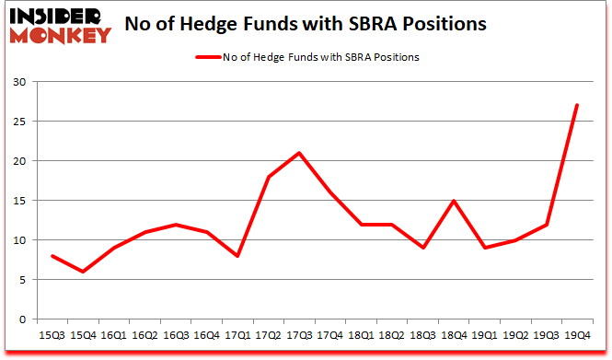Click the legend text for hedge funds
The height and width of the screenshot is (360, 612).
pos(321,57)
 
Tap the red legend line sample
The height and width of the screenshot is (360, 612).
pos(207,57)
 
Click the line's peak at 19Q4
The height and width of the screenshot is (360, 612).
pos(576,105)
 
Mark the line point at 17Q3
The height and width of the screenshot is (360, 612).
pos(299,153)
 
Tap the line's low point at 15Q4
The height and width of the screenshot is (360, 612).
pos(84,272)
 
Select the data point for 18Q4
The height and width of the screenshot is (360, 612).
pos(453,201)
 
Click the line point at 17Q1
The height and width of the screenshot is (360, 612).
pos(237,256)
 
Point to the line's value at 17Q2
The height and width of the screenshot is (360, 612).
pos(268,177)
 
